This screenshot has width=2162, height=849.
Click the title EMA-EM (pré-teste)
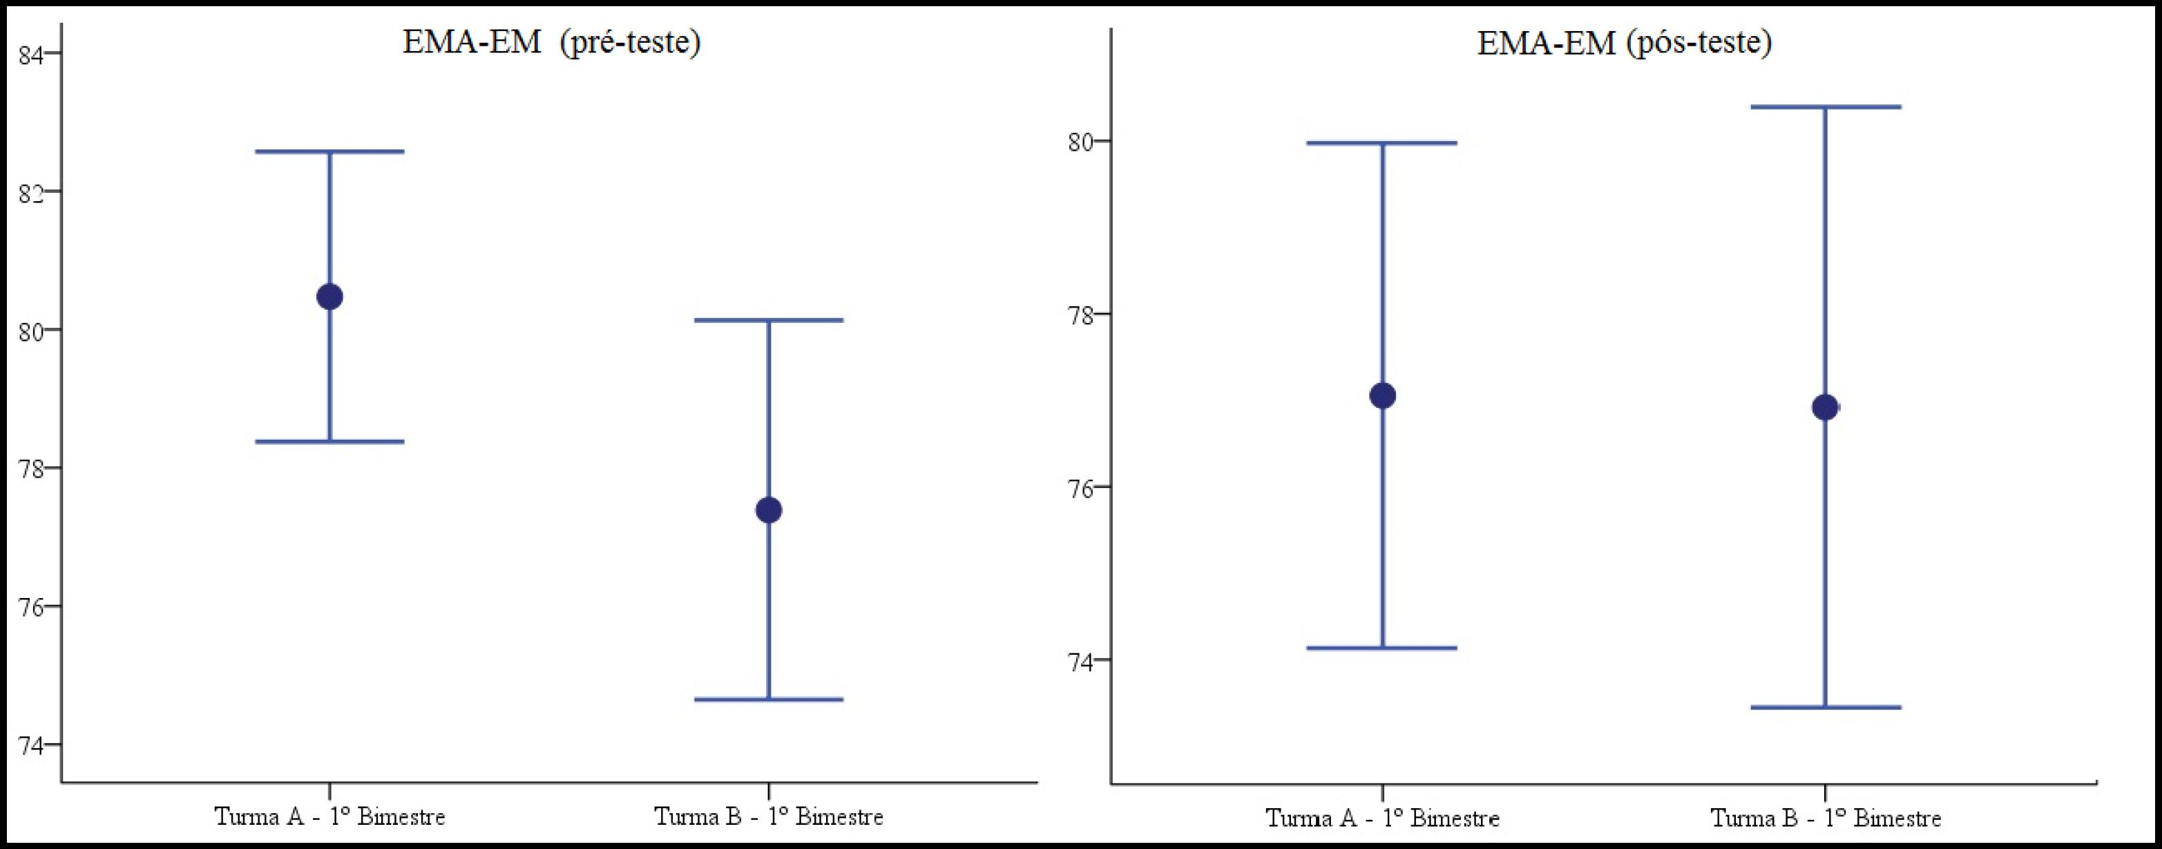pos(551,42)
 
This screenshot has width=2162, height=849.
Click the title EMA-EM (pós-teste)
pos(1624,42)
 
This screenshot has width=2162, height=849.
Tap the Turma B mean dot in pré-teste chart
pos(768,510)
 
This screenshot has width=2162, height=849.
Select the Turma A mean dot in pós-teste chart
pos(1381,395)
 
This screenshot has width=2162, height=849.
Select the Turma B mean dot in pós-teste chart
pos(1825,407)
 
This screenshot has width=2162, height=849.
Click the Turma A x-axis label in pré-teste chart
pos(330,817)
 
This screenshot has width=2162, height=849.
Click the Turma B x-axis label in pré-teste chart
pos(768,817)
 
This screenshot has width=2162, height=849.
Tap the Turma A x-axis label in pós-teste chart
pos(1381,818)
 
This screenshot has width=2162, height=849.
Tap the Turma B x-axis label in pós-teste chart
pos(1826,818)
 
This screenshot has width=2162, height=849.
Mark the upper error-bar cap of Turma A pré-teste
pos(330,152)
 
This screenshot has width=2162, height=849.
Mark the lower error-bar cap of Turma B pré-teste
pos(768,699)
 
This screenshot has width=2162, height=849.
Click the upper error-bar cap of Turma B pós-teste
pos(1825,106)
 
